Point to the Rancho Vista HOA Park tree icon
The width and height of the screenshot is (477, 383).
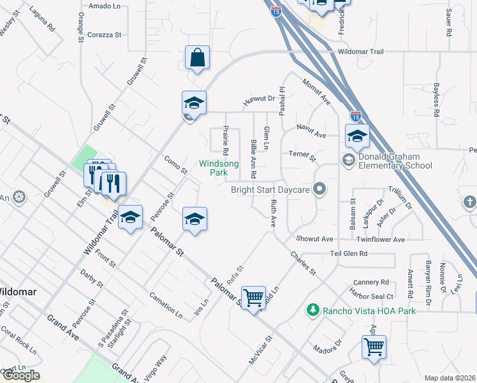pos(312,310)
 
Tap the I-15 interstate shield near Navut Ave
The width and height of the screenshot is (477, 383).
pos(356,117)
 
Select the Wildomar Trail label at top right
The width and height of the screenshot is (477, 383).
pos(362,51)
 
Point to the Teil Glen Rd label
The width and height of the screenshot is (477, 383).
pos(349,253)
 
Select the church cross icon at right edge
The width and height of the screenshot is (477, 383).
pos(469,203)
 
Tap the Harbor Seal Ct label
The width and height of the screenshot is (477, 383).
pos(371,294)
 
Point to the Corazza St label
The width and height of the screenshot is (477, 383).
pos(105,35)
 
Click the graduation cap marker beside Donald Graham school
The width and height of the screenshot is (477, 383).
pos(357,135)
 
